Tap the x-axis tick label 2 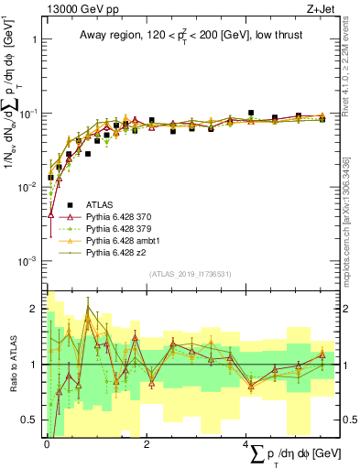pos(147,442)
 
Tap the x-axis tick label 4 pos(246,442)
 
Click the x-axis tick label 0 pos(47,442)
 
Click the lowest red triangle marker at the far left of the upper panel pos(50,213)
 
